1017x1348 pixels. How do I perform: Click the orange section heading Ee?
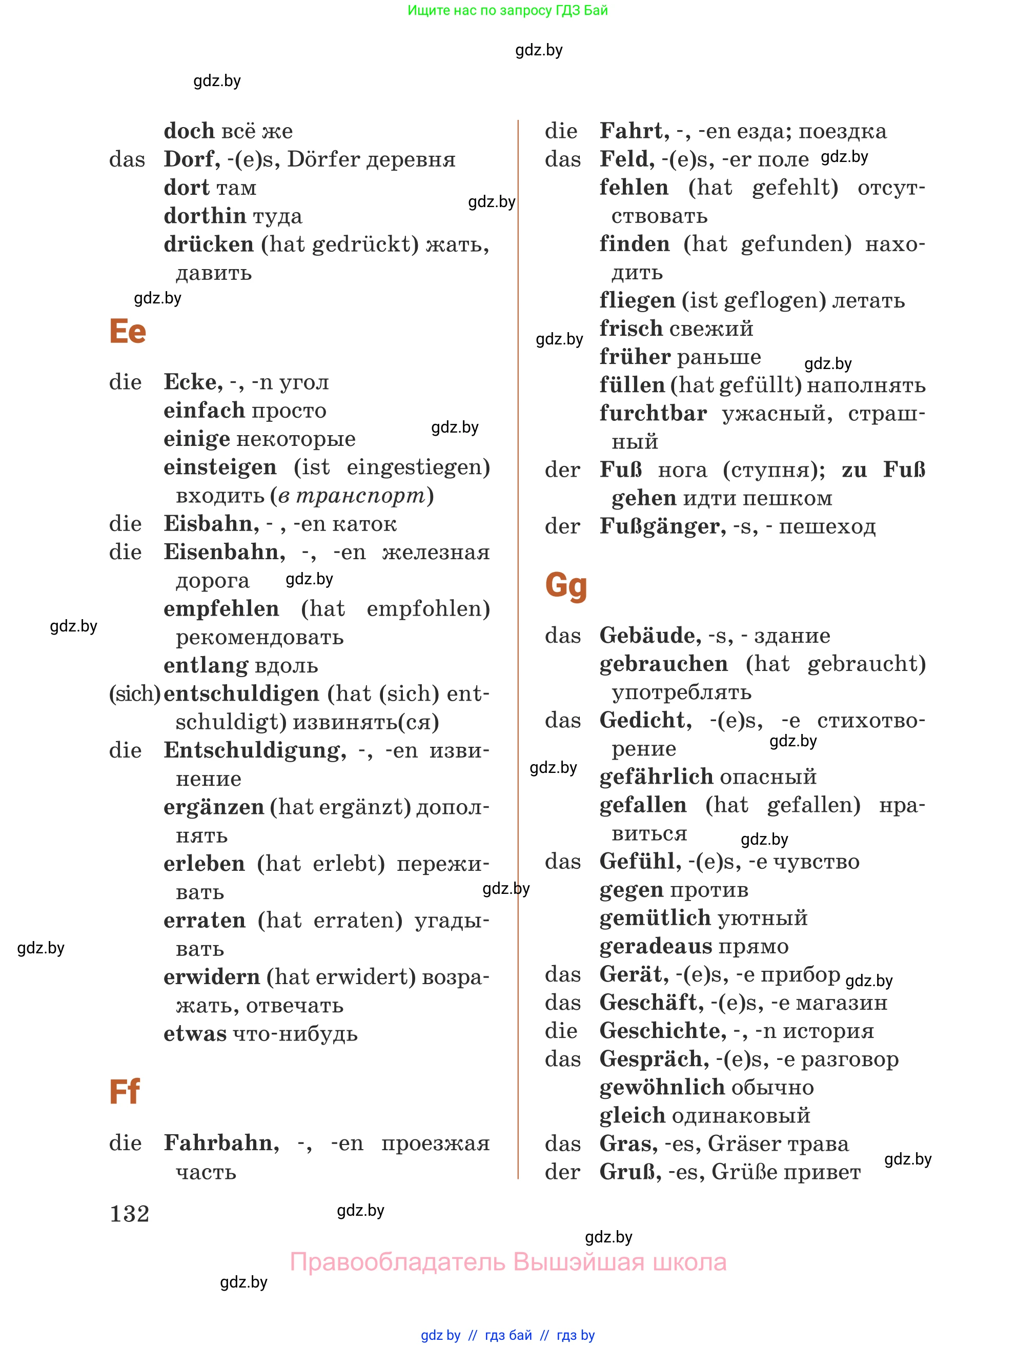(127, 332)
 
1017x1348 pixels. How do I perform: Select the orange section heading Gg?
(565, 586)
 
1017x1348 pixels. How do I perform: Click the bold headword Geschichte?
(662, 1031)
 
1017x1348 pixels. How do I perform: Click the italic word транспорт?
(361, 496)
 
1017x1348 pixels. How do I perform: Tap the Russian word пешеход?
(827, 526)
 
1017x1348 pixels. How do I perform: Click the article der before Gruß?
(562, 1172)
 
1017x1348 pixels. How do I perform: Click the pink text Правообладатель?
(397, 1261)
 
